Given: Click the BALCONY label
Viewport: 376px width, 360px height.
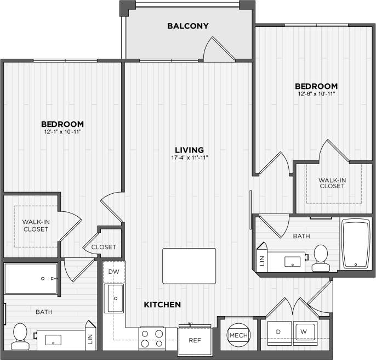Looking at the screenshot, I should point(188,26).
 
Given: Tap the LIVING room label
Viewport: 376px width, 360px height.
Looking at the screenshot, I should point(189,149).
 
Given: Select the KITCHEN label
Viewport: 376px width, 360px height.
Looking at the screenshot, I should point(162,304).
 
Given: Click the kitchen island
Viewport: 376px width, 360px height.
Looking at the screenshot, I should point(189,266).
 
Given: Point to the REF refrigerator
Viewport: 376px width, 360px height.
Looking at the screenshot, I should point(195,340).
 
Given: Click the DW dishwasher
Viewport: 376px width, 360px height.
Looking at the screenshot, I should point(114,272).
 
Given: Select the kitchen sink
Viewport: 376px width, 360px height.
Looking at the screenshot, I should point(114,298).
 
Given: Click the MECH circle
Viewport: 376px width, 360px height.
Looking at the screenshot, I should point(237,335).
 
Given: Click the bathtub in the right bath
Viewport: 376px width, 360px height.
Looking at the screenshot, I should point(355,245).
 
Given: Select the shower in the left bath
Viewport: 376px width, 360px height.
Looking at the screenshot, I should point(31,278).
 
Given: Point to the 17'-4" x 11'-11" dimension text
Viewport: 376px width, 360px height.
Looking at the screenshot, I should point(189,158).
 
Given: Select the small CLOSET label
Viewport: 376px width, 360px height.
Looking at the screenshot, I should point(104,248).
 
